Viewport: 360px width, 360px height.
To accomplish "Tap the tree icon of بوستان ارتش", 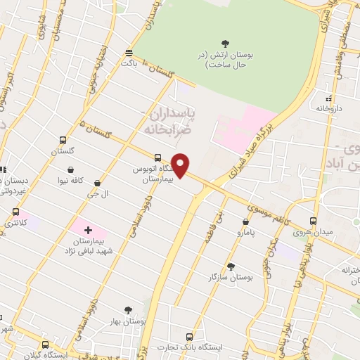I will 225,44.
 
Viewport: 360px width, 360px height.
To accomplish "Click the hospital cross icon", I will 88,231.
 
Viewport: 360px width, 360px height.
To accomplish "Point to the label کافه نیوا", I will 71,180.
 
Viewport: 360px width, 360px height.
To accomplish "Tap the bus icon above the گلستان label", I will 63,140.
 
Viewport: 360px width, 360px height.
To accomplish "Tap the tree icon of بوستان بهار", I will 127,309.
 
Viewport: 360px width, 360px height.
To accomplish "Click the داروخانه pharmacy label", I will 328,108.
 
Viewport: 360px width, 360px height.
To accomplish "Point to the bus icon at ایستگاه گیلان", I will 46,345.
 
